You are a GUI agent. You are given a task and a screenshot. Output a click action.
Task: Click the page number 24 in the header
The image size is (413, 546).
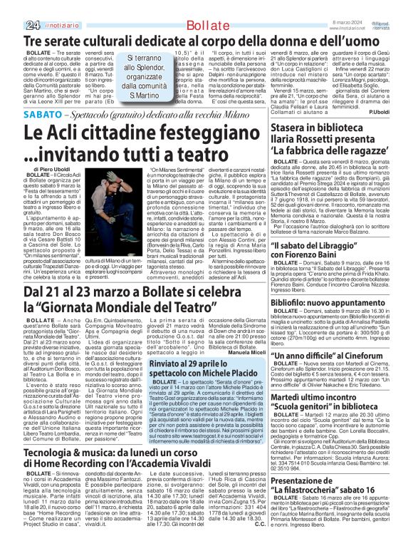(11, 6)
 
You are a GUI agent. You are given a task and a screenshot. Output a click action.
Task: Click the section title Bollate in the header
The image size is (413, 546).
(195, 6)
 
